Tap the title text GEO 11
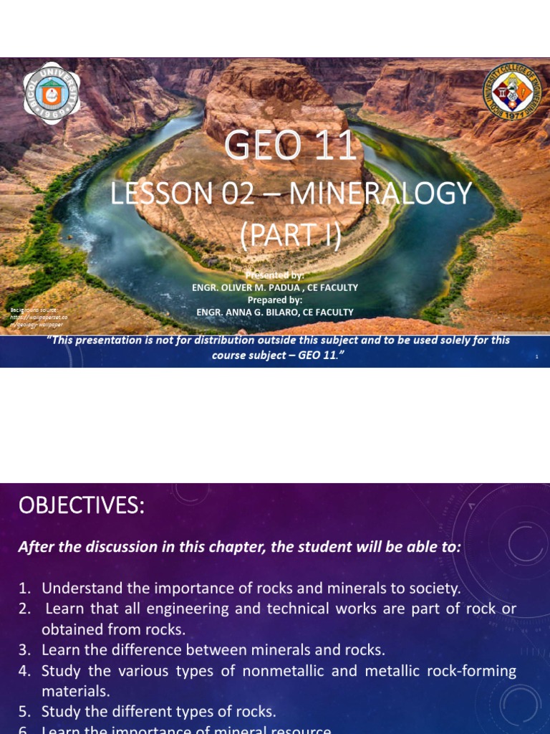(x=290, y=147)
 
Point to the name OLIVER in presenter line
(x=246, y=287)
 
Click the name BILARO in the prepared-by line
(x=294, y=311)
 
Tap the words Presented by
(x=275, y=275)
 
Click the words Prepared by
(x=275, y=300)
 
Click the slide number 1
(x=536, y=357)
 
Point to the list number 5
(x=25, y=712)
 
